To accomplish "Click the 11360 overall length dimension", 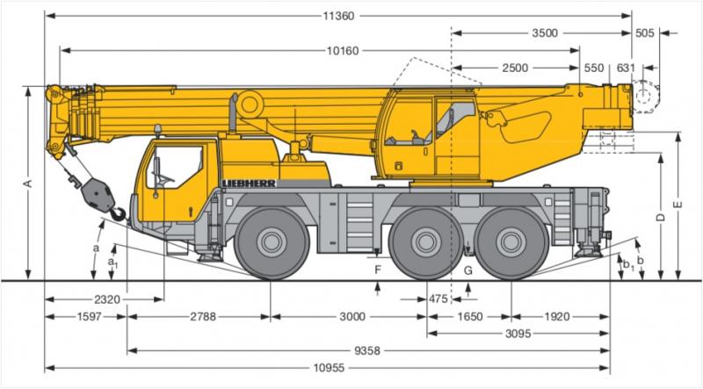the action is click(x=338, y=16).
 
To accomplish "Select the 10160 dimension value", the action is click(x=343, y=51).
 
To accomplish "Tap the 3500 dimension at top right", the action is click(x=545, y=33).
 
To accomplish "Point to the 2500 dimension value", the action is click(x=515, y=68).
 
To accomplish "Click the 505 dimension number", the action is click(x=645, y=33).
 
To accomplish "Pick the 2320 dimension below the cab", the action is click(x=107, y=299).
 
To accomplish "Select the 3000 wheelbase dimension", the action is click(x=352, y=317).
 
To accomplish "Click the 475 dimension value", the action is click(x=438, y=299).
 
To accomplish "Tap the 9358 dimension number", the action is click(x=367, y=351).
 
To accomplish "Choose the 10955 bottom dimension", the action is click(x=329, y=369).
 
